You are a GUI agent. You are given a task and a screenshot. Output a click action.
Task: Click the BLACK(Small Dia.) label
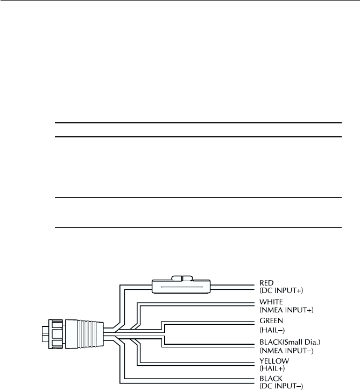pyautogui.click(x=291, y=343)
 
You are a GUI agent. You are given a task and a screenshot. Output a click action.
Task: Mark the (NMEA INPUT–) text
pyautogui.click(x=287, y=351)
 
